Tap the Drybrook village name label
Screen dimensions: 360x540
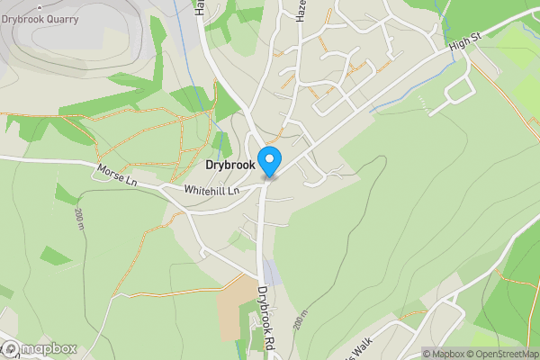[x=230, y=166]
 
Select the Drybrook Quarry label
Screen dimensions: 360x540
[x=40, y=19]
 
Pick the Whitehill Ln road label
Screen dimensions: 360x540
[x=214, y=191]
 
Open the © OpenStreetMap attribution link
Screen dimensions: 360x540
[x=502, y=354]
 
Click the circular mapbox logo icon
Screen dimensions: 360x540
[x=10, y=349]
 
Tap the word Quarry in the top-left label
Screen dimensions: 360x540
[x=60, y=19]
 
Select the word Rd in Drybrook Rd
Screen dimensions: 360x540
[x=268, y=340]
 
